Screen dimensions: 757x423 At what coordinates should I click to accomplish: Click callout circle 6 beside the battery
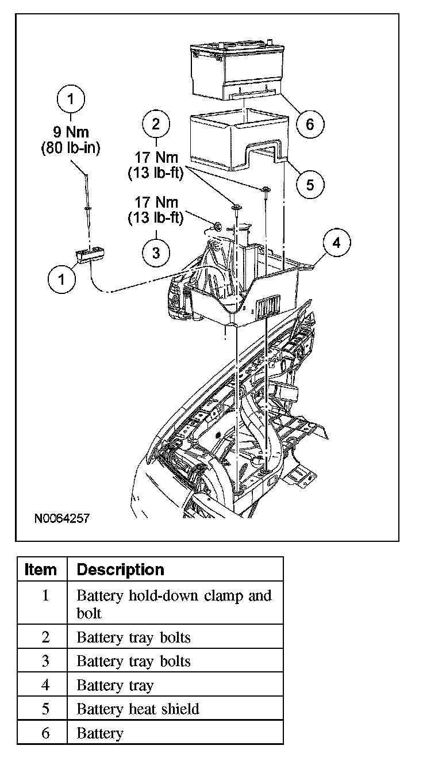click(310, 124)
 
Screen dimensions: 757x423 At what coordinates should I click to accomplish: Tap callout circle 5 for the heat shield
click(310, 184)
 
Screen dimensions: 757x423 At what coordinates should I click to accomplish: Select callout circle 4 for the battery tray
click(337, 243)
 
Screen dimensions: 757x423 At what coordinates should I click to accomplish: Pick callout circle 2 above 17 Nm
click(156, 124)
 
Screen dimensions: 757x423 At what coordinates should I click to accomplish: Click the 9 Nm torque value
click(71, 133)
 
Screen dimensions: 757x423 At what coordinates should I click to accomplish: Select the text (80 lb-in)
click(71, 148)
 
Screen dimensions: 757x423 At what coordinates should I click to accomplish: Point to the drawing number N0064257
click(61, 518)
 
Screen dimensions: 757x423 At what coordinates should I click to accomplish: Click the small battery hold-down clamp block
click(89, 254)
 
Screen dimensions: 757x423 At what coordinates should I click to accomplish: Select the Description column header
click(120, 569)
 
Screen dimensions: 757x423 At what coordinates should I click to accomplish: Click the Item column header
click(41, 569)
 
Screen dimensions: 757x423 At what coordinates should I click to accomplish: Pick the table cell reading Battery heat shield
click(138, 709)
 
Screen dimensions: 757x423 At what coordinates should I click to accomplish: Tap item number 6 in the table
click(45, 733)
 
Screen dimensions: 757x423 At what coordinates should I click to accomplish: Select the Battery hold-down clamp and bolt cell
click(174, 603)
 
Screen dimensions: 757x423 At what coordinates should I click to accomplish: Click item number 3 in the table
click(45, 661)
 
